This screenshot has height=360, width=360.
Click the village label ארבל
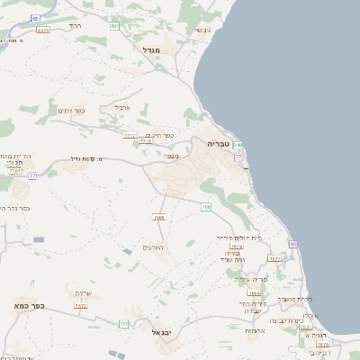click(x=122, y=107)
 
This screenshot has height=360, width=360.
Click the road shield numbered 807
click(x=115, y=25)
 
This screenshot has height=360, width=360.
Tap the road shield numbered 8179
click(x=43, y=31)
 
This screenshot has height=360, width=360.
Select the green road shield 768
click(x=206, y=207)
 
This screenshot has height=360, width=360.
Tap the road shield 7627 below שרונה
click(x=81, y=306)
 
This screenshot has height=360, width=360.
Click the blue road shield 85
click(x=35, y=18)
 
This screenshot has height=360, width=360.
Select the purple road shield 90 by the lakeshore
click(x=293, y=245)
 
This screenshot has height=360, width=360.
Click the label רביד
click(x=75, y=26)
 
